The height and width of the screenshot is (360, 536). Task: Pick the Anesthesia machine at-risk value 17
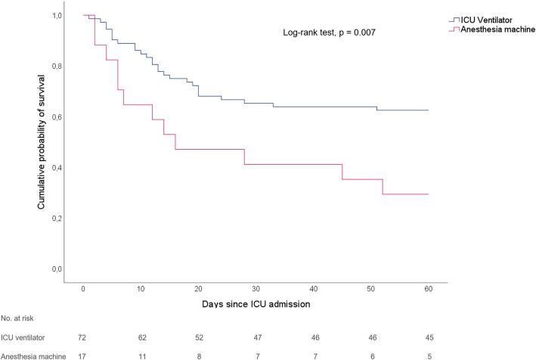pyautogui.click(x=83, y=354)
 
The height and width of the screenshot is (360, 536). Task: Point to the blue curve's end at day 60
pyautogui.click(x=429, y=110)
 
